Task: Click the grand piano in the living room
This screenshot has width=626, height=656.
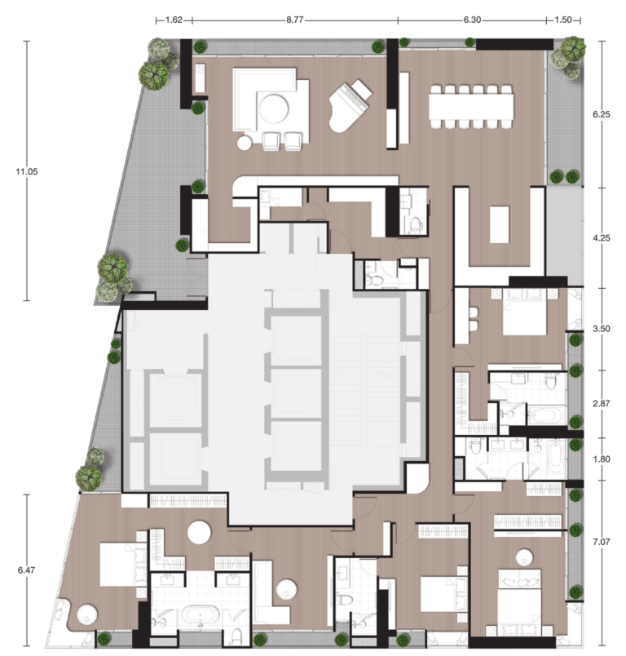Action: (x=350, y=105)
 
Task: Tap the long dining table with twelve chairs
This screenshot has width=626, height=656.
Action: (x=471, y=106)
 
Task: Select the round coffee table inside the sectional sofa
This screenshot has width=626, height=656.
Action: (x=273, y=109)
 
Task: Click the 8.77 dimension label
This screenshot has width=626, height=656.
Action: (x=294, y=20)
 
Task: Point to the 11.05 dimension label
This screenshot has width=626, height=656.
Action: (x=27, y=171)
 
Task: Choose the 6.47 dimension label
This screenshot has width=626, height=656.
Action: (x=26, y=570)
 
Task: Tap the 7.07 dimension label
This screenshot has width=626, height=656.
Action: (x=602, y=542)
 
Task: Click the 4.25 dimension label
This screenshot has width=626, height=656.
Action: (x=602, y=237)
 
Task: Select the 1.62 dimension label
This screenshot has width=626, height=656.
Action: (x=174, y=20)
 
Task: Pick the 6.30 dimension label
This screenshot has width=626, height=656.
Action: (x=472, y=20)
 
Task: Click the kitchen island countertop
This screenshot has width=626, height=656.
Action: (x=500, y=224)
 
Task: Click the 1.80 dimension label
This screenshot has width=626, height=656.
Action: (x=602, y=459)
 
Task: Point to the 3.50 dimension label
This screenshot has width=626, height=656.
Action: (x=602, y=329)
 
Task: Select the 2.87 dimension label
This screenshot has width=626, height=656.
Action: (x=602, y=404)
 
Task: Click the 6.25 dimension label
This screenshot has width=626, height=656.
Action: (x=602, y=114)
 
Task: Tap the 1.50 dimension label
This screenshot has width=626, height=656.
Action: (x=563, y=20)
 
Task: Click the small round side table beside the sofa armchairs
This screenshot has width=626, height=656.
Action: (x=245, y=143)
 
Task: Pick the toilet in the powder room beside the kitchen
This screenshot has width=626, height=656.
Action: (x=416, y=224)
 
